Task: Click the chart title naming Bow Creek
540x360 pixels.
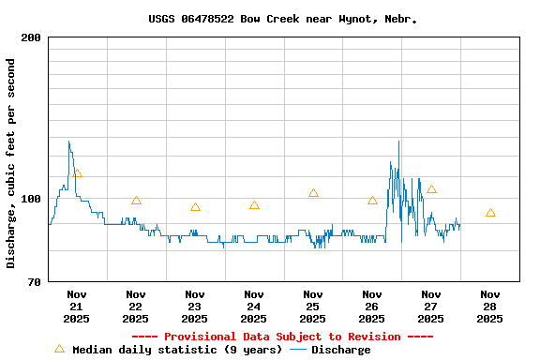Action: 282,19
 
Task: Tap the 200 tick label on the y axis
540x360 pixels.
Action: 30,37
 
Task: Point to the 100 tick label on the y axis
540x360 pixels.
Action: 30,199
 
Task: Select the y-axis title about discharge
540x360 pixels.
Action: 11,163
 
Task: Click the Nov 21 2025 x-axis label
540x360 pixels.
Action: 76,306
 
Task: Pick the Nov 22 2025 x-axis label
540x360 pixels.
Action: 135,306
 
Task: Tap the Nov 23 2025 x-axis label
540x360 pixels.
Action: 194,306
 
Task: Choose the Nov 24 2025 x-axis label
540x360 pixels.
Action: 253,306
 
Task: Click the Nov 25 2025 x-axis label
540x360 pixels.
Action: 312,306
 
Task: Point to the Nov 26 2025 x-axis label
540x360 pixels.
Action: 371,306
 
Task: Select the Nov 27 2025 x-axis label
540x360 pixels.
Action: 430,306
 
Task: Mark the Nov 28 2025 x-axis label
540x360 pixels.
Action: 489,306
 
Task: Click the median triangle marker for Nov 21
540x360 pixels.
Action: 77,173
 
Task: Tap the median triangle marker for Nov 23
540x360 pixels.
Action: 195,207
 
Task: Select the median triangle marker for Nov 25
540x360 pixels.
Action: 313,193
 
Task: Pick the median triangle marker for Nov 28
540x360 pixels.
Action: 490,213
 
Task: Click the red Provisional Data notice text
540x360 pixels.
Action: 282,337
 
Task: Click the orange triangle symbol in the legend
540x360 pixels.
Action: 59,349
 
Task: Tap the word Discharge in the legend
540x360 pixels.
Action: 340,350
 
